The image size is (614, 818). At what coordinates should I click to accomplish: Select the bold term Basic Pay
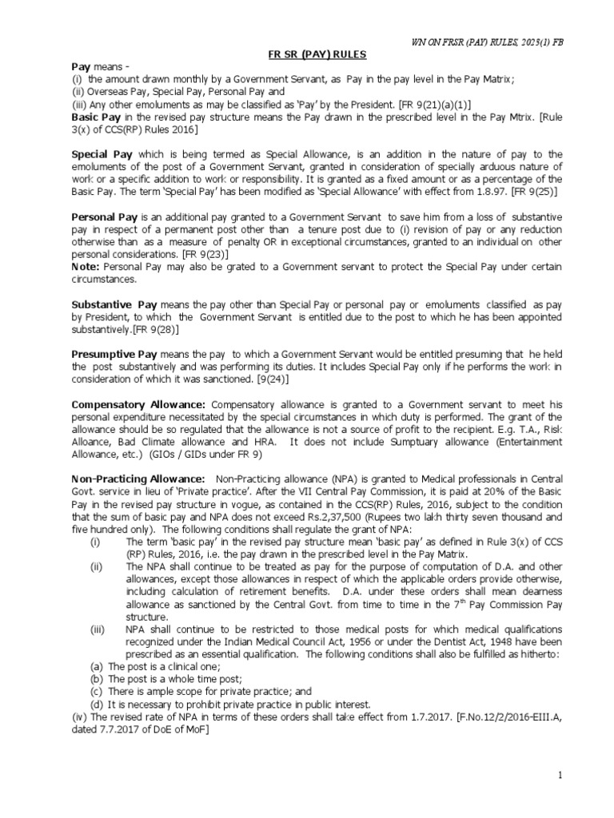[96, 117]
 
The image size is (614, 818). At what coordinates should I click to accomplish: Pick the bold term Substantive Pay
[114, 305]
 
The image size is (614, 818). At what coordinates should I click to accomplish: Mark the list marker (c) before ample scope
[96, 691]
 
